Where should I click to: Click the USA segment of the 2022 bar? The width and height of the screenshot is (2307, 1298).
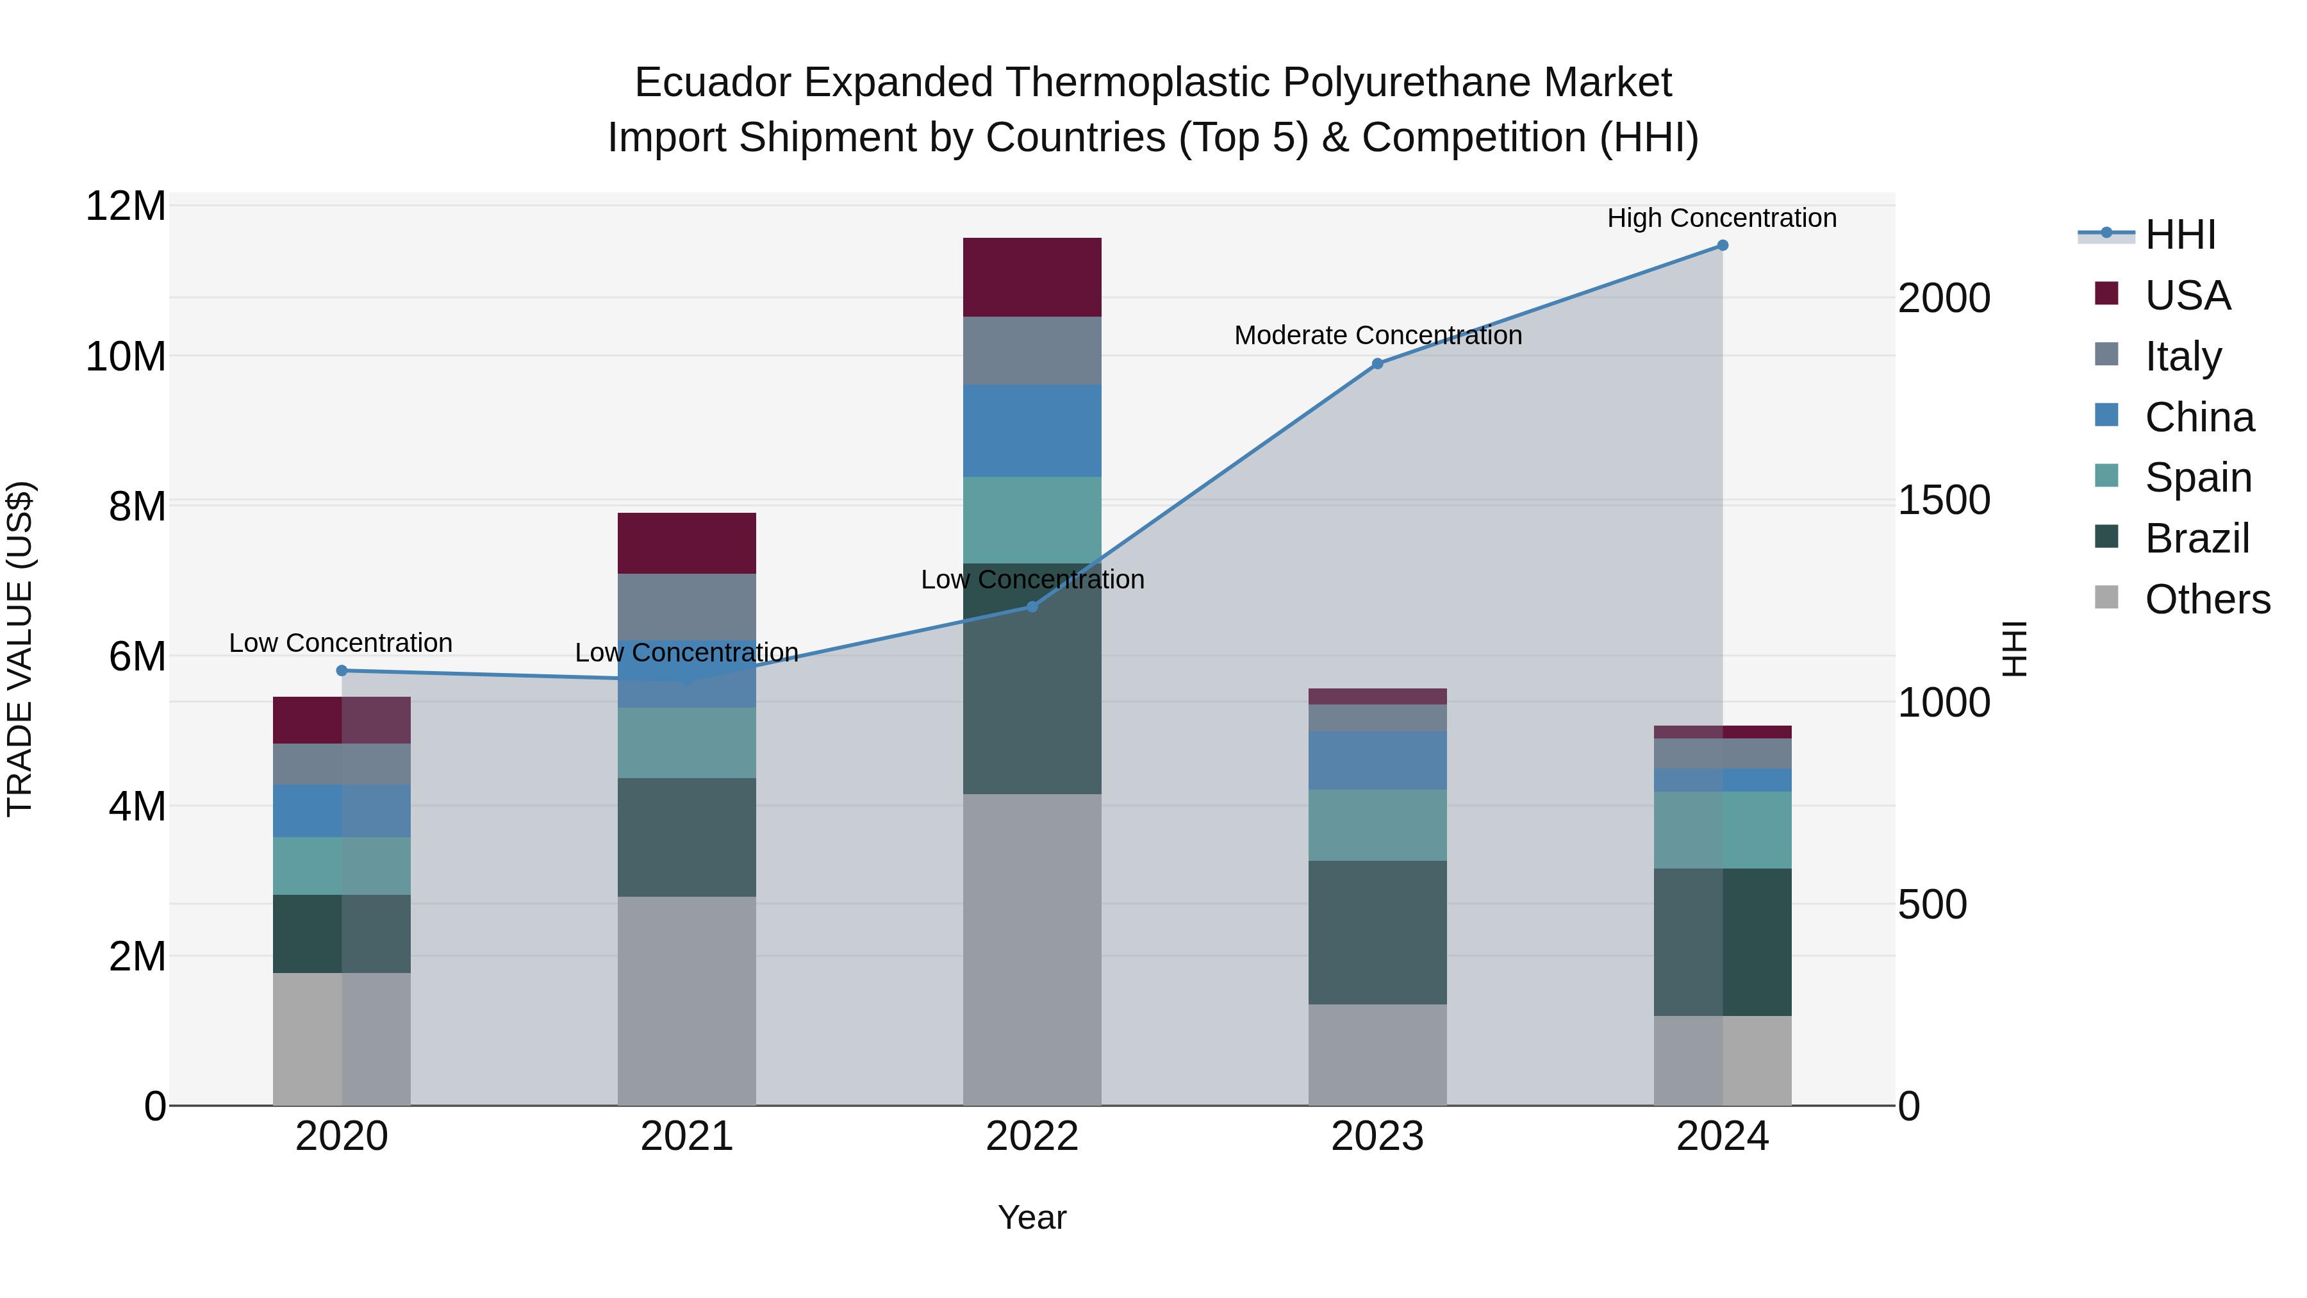click(1032, 277)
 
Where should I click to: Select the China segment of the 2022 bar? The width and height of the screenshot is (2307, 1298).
click(1032, 430)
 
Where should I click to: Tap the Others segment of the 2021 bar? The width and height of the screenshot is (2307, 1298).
click(687, 1001)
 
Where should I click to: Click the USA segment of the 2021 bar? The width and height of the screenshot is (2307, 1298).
click(687, 543)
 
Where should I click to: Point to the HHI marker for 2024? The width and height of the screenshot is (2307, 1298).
click(1722, 245)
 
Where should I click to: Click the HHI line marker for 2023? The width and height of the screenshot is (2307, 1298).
click(1377, 363)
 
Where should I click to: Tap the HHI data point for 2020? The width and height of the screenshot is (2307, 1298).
click(341, 670)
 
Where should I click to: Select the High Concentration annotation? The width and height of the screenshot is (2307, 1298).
click(1721, 218)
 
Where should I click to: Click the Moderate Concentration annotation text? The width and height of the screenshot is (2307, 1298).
click(1377, 335)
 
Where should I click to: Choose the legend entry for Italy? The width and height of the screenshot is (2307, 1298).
click(2183, 356)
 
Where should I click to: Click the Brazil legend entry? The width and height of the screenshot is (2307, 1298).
click(2196, 538)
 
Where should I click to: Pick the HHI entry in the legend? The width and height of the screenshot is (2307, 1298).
click(2180, 235)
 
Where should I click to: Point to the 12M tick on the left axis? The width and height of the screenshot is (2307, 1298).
click(126, 207)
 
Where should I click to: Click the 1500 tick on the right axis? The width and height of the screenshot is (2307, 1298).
click(1944, 500)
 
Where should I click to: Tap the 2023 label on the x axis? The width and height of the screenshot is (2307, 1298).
click(1377, 1136)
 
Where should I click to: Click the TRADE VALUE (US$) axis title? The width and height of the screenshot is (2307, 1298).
click(20, 649)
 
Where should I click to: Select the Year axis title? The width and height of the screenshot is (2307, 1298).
click(1032, 1217)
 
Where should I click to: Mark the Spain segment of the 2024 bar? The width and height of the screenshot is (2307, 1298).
click(1722, 829)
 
